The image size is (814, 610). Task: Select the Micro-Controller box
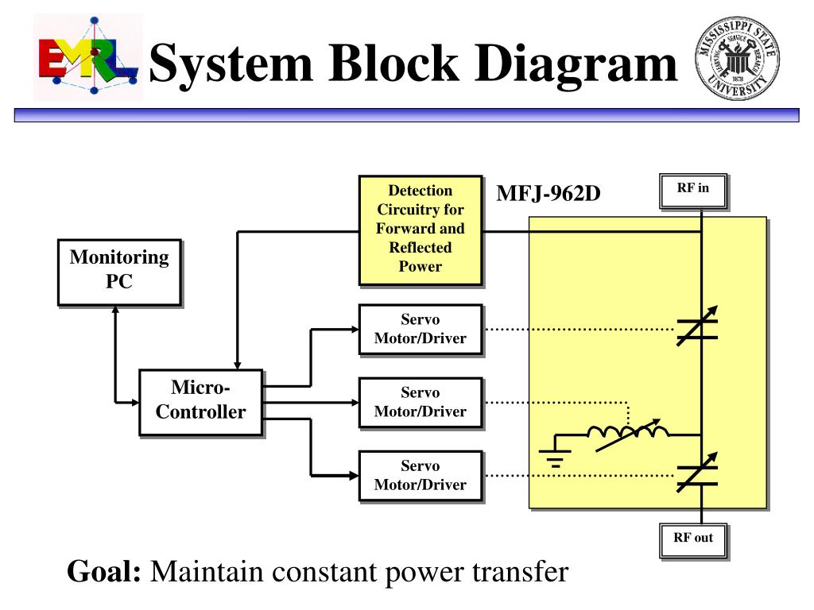coord(201,402)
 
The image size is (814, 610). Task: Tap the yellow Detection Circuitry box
coord(421,230)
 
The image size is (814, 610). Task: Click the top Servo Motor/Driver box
coord(421,330)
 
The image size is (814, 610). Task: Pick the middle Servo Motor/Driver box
coord(421,403)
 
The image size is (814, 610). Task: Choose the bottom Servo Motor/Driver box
coord(421,476)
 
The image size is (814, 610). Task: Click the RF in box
coord(693,191)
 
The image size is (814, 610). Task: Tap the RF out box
coord(693,541)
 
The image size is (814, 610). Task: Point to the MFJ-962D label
coord(548,194)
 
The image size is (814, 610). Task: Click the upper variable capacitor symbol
coord(697,326)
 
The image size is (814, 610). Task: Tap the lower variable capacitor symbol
coord(697,473)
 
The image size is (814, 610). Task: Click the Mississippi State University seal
coord(737,58)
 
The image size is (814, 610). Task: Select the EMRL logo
coord(88,57)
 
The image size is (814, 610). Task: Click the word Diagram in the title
coord(576,64)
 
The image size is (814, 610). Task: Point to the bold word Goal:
coord(104,572)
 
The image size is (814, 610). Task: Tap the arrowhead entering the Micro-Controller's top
coord(237,365)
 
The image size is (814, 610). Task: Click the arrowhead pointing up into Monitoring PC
coord(115,310)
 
